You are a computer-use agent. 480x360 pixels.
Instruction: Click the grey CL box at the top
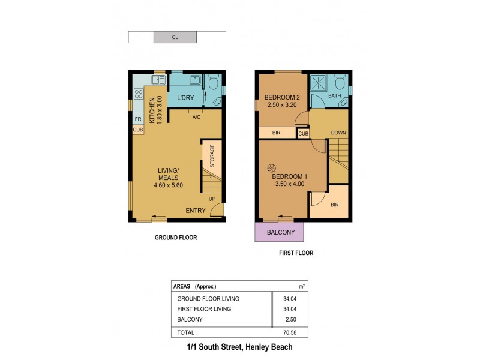pos(175,37)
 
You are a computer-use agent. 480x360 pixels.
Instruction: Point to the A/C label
pos(196,117)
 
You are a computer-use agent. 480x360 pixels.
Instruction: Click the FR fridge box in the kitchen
pos(137,119)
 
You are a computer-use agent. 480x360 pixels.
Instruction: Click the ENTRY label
pos(196,210)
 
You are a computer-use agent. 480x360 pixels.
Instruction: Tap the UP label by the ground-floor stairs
pos(212,199)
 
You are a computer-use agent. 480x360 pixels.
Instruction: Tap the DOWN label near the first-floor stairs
pos(338,133)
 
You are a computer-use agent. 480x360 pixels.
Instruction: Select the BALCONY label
pos(279,232)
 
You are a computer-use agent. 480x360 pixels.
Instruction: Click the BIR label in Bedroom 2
pos(277,133)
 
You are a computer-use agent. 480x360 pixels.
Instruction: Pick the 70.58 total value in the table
pos(290,332)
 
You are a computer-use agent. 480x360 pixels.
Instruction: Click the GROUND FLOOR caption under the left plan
pos(176,238)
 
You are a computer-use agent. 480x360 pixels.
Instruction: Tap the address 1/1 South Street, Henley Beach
pos(240,347)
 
